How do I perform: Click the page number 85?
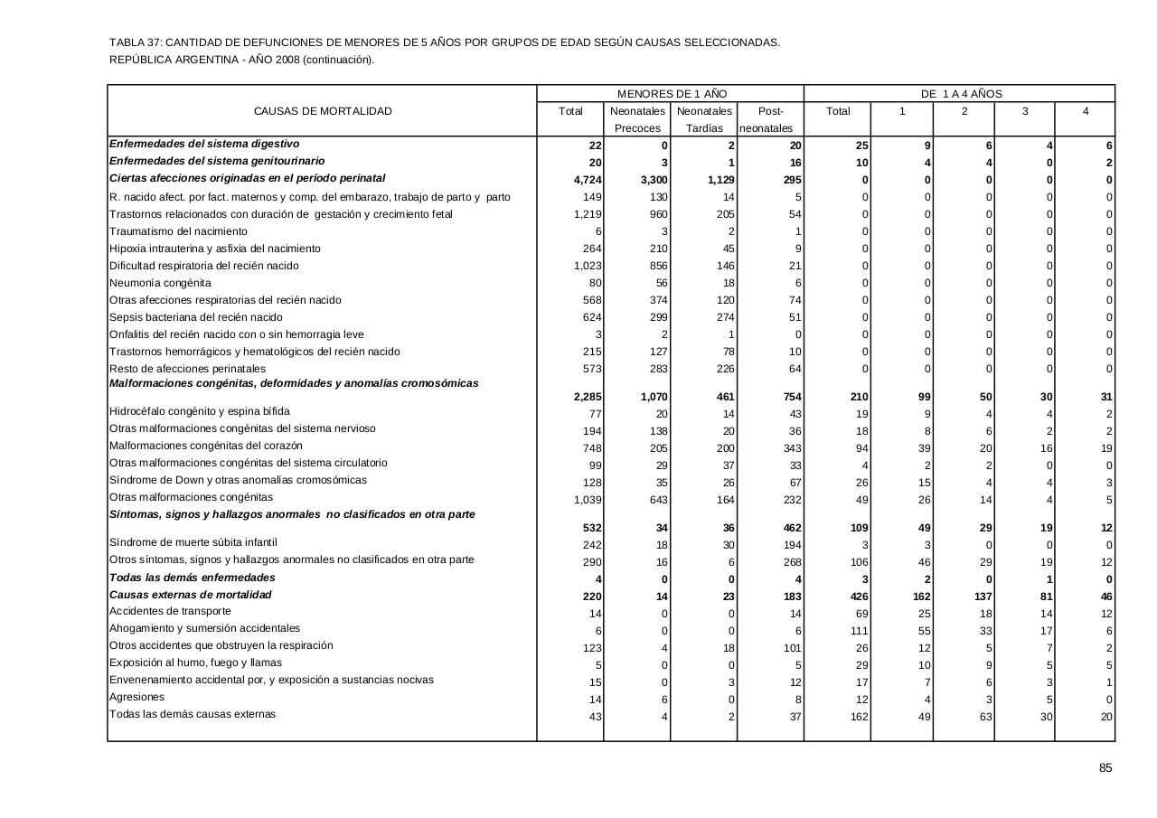tap(1105, 768)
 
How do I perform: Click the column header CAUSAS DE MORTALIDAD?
tap(323, 111)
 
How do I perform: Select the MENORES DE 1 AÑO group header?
tap(672, 94)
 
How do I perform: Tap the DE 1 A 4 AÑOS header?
tap(961, 94)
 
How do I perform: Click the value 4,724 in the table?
tap(588, 180)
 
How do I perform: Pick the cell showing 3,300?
tap(654, 180)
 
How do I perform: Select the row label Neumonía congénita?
tap(147, 283)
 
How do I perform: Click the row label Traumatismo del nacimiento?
tap(178, 231)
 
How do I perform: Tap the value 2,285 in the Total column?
tap(588, 397)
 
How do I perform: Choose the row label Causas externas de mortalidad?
tap(190, 595)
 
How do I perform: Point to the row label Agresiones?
tap(136, 697)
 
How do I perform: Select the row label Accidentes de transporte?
tap(170, 611)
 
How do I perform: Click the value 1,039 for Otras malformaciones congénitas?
tap(588, 500)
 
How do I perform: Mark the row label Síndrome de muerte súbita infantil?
tap(193, 542)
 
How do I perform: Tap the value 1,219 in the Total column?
tap(588, 214)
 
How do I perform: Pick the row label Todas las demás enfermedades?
tap(193, 578)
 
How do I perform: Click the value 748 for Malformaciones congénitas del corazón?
tap(591, 448)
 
